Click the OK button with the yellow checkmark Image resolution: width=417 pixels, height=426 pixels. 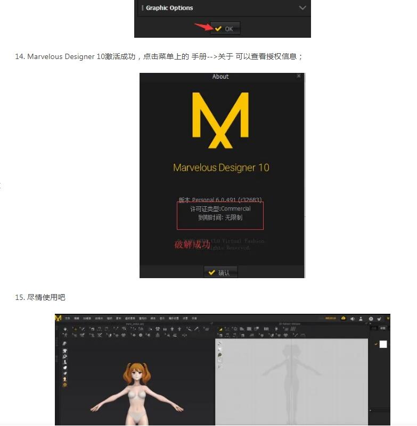225,29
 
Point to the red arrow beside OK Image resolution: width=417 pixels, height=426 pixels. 203,27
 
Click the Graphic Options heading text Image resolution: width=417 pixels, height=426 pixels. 169,8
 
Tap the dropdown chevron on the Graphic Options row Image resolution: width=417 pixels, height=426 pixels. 302,8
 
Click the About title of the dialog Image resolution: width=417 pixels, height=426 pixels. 220,77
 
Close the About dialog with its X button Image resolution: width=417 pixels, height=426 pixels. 299,77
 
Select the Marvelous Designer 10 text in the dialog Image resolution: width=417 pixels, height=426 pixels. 221,168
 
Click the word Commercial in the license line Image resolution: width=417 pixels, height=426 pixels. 235,209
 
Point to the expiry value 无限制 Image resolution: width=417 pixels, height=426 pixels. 233,218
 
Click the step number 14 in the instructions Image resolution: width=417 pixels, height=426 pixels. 19,56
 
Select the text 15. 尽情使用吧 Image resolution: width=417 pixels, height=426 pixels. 40,297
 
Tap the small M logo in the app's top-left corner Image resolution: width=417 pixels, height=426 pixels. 58,318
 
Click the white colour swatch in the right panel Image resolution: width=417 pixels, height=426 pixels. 383,344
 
